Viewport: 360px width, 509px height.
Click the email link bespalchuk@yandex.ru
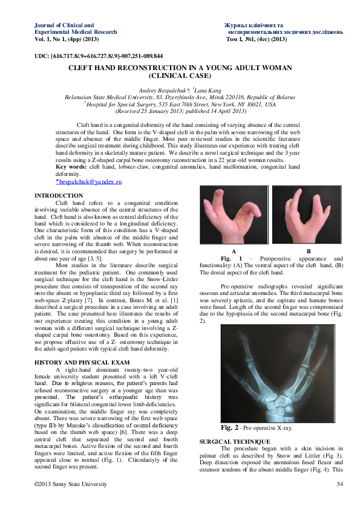coord(85,181)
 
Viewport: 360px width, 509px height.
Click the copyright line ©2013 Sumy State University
coord(71,484)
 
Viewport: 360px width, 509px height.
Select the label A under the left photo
coord(234,250)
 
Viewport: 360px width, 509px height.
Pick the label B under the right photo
coord(308,250)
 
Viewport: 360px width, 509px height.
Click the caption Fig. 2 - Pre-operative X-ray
coord(256,427)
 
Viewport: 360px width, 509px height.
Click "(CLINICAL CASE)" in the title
coord(180,76)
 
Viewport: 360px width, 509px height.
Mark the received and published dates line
coord(180,111)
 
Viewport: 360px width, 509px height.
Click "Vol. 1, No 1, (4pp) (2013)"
coord(67,39)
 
